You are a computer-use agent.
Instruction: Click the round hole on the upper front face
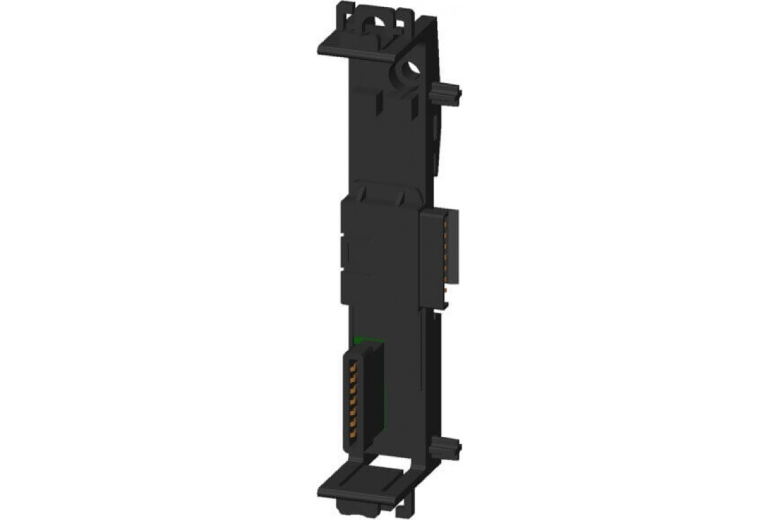(411, 68)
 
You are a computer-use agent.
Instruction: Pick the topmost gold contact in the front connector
(355, 364)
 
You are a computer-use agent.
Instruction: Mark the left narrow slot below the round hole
(379, 101)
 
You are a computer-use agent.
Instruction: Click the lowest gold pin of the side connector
(446, 292)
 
